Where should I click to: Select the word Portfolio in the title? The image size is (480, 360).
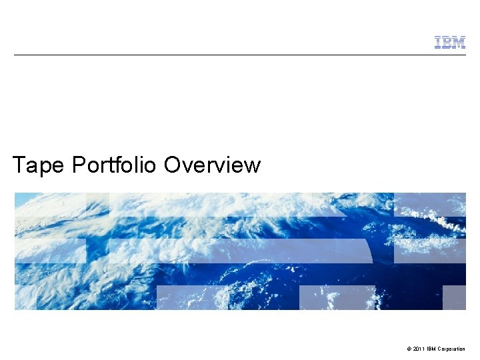point(114,165)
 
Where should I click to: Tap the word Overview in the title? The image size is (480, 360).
point(212,165)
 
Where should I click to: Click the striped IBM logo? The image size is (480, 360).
point(450,43)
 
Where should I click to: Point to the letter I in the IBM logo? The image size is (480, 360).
point(438,43)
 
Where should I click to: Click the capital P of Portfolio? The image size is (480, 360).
point(78,165)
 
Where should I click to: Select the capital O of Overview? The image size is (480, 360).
point(172,165)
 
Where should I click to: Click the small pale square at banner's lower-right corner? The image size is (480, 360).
point(454,297)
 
